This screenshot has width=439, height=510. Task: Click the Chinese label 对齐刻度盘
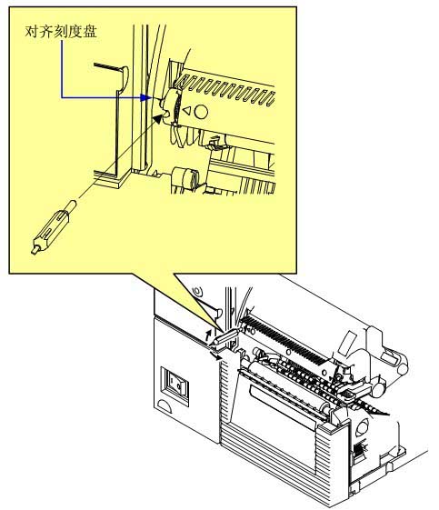coord(61,32)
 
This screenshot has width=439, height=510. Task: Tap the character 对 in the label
coord(32,32)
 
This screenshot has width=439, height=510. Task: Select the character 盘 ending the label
coord(90,32)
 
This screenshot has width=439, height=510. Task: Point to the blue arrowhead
coord(145,97)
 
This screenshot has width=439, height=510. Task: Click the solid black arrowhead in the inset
coord(157,119)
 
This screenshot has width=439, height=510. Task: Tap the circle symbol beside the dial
coord(201,112)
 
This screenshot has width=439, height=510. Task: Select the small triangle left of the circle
coord(186,111)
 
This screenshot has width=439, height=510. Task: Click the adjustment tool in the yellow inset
coord(54,227)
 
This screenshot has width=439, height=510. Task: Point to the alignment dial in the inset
coord(173,106)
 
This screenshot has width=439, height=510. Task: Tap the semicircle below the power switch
coord(165,406)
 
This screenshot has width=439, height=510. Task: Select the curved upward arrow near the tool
coord(208,335)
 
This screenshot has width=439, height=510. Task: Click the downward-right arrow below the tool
coord(215,356)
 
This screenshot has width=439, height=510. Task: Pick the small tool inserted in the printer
coord(225,336)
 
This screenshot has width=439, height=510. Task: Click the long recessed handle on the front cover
coord(283,408)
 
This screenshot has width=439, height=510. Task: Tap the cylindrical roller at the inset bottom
coord(186,179)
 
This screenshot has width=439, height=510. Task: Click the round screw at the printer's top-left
coord(198,290)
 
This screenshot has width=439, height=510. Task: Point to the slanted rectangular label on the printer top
coord(347,343)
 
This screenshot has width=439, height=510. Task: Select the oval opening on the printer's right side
coord(362,427)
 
